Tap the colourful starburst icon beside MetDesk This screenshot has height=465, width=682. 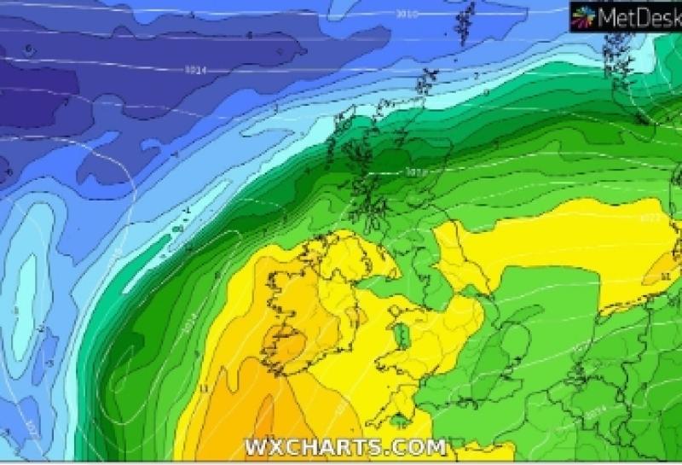tap(583, 15)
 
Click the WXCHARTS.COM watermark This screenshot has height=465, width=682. tap(345, 447)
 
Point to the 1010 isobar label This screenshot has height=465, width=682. tap(407, 15)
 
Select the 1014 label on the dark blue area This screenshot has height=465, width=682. tap(194, 69)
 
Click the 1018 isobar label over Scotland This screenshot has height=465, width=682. tap(415, 172)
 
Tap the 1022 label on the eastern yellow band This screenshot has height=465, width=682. tap(649, 218)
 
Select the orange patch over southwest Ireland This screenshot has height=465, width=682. tap(286, 346)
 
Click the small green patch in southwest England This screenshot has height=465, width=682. tap(401, 420)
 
